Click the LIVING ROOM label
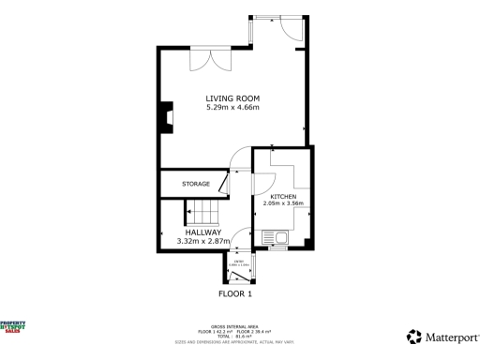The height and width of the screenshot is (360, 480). point(232,98)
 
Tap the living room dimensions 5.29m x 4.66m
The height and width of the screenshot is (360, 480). point(232,108)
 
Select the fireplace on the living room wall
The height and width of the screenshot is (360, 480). point(163,116)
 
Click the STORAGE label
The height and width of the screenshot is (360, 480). point(196,184)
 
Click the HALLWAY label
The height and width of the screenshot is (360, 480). point(203,232)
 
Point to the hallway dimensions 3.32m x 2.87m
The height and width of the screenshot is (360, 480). point(203,241)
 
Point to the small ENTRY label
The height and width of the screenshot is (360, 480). point(240,260)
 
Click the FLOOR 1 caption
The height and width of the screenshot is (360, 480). point(235,293)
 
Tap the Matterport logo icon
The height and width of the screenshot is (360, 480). point(412,336)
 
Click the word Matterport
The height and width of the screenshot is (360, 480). point(448,336)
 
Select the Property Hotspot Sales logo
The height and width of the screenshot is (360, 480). point(13,326)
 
